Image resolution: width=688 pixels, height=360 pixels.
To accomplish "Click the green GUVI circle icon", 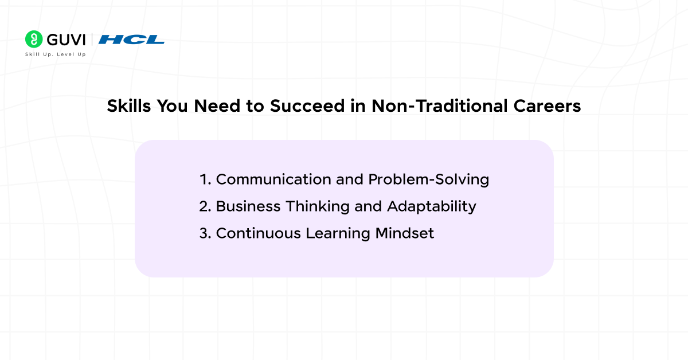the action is tap(34, 39).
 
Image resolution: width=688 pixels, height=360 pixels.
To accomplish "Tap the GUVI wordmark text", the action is tap(66, 40).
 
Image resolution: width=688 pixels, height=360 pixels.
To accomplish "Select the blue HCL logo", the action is tap(131, 40).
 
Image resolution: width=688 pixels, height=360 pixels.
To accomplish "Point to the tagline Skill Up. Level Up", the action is tap(56, 54).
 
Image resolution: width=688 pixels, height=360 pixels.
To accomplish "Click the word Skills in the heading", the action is tap(129, 106).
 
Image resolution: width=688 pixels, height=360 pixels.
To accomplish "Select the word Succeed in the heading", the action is tap(307, 106).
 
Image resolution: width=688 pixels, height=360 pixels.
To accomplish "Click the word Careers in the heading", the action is tap(548, 106).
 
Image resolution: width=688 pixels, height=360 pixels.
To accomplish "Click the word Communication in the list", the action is tap(273, 179).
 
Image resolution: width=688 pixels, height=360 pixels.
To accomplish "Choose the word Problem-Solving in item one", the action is tap(428, 179).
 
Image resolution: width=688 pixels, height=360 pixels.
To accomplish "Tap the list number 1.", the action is tap(205, 179).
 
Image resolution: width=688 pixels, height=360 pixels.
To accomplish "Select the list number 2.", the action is tap(205, 206).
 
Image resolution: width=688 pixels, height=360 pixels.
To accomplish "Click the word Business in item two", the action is tap(248, 206).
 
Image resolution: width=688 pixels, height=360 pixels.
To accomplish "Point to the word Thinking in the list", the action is tap(318, 207).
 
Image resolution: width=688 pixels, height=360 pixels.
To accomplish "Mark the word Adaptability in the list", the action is tap(432, 207).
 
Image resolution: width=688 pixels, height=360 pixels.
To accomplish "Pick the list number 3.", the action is tap(205, 233).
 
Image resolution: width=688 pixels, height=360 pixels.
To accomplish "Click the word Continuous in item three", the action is tap(259, 233).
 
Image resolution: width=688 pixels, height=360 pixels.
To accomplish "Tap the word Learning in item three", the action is tap(338, 234).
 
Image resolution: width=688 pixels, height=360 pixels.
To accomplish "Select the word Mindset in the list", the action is tap(405, 233).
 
